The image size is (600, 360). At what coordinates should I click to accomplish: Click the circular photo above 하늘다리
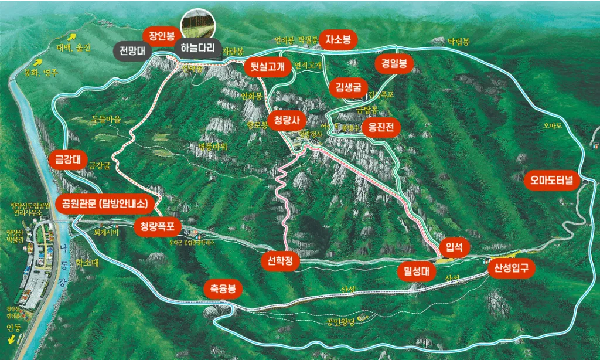(198, 24)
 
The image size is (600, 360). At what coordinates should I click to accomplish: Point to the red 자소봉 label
(342, 39)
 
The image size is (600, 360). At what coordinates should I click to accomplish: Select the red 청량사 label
(287, 121)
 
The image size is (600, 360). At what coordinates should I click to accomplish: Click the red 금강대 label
(67, 158)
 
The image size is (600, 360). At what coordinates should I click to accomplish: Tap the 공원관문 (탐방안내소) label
(108, 203)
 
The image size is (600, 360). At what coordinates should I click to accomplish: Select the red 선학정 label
(280, 261)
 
